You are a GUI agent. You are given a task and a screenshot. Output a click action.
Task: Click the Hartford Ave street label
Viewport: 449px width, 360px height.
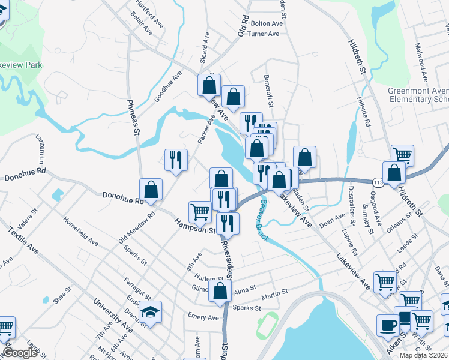(x=149, y=14)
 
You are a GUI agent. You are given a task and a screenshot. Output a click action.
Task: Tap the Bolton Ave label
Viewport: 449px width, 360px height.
(x=267, y=23)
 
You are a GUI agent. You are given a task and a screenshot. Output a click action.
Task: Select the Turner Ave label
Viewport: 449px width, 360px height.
(x=263, y=34)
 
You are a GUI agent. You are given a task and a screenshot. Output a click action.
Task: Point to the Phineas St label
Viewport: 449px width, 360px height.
(x=133, y=116)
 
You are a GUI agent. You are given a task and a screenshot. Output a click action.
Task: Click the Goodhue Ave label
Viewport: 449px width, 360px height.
(x=167, y=87)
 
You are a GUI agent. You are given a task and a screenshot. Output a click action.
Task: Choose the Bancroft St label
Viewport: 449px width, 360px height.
(x=270, y=91)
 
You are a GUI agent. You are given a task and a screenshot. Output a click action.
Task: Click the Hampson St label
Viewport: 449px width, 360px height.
(x=195, y=226)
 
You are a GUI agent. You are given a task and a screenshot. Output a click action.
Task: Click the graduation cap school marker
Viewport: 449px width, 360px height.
(x=151, y=311)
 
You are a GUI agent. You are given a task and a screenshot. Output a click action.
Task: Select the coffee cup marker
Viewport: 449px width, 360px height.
(x=388, y=325)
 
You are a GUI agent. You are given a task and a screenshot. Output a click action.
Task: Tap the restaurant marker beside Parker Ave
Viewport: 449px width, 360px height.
(x=176, y=160)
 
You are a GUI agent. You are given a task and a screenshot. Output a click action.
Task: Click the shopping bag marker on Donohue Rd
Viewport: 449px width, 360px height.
(x=151, y=189)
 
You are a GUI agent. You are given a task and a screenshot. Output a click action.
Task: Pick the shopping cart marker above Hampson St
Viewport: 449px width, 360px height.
(x=200, y=211)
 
